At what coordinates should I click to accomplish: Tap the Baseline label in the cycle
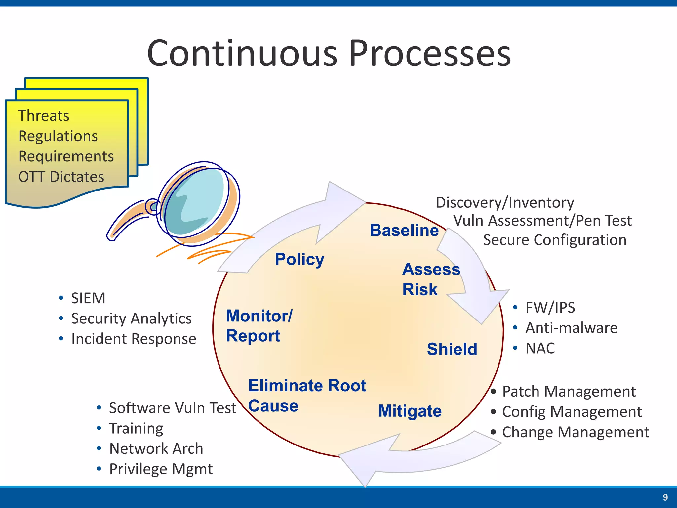pyautogui.click(x=404, y=230)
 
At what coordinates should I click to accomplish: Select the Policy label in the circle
pyautogui.click(x=299, y=259)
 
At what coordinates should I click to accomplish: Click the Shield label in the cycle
pyautogui.click(x=452, y=349)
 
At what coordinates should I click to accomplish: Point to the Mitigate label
pyautogui.click(x=410, y=411)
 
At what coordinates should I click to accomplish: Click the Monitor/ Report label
pyautogui.click(x=259, y=326)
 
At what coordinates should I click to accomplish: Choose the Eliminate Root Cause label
pyautogui.click(x=307, y=396)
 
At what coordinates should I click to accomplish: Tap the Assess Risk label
pyautogui.click(x=431, y=279)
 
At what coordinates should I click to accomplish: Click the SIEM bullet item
pyautogui.click(x=88, y=298)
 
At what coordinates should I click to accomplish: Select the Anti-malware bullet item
pyautogui.click(x=571, y=328)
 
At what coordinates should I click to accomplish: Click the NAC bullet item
pyautogui.click(x=540, y=348)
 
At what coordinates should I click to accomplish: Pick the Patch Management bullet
pyautogui.click(x=569, y=392)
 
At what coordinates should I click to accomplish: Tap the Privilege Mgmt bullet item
pyautogui.click(x=161, y=469)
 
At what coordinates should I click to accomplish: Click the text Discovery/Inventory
pyautogui.click(x=505, y=202)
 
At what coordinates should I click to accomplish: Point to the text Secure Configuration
pyautogui.click(x=555, y=240)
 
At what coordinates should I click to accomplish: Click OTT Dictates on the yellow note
pyautogui.click(x=61, y=177)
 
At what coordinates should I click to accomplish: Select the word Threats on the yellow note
pyautogui.click(x=44, y=116)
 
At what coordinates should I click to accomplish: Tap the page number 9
pyautogui.click(x=665, y=497)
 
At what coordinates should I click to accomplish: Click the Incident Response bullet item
pyautogui.click(x=134, y=339)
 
